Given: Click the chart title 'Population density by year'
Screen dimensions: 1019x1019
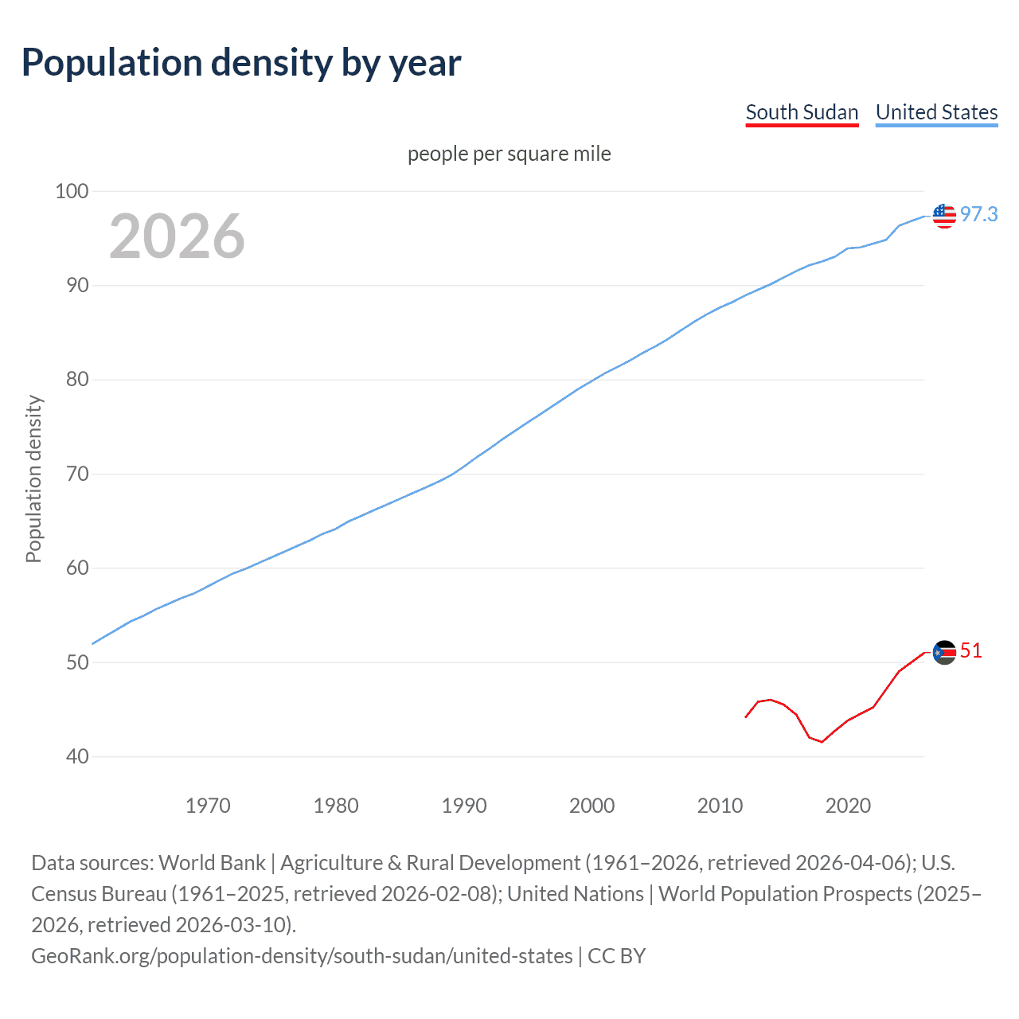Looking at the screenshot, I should pos(241,63).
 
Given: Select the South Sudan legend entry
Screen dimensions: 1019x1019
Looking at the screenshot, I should pos(802,113).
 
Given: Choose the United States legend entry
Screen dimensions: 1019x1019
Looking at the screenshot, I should pos(936,113).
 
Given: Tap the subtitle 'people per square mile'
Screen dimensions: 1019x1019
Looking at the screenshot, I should pos(509,154).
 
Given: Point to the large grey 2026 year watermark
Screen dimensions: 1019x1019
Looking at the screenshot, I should pos(177,236).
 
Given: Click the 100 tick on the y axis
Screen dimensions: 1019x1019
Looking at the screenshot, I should pos(72,191).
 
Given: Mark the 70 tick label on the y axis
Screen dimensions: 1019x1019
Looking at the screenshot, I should pos(76,474).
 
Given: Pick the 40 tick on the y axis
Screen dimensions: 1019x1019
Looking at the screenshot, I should pos(76,756).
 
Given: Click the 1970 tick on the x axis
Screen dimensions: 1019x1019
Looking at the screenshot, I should pos(208,806).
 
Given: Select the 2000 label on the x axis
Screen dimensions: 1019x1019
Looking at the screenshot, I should pos(591,806).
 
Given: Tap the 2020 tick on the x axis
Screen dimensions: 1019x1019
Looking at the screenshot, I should pos(848,806).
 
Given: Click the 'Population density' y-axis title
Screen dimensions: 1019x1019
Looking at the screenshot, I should pos(33,479).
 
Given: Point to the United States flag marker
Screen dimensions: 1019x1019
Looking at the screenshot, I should pos(944,216).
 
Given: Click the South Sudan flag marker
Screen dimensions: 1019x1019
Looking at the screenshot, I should pos(944,653).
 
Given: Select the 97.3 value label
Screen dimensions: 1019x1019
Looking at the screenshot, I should pos(978,214).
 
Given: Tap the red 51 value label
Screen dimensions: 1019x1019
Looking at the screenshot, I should pos(970,651).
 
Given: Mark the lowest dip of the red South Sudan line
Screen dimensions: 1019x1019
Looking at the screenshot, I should pos(822,742).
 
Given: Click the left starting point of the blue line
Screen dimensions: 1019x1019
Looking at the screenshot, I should pos(93,643).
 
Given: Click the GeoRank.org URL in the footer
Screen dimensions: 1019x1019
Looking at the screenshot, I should pos(302,955).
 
